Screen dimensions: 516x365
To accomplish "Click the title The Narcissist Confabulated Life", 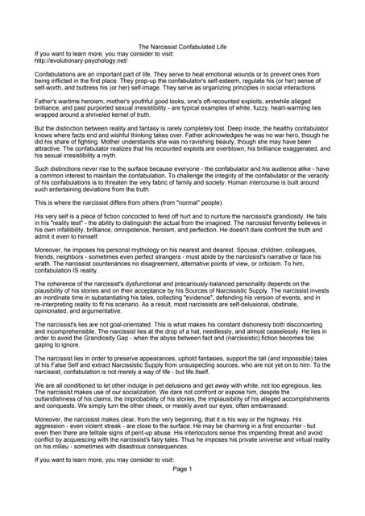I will [182, 48].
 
